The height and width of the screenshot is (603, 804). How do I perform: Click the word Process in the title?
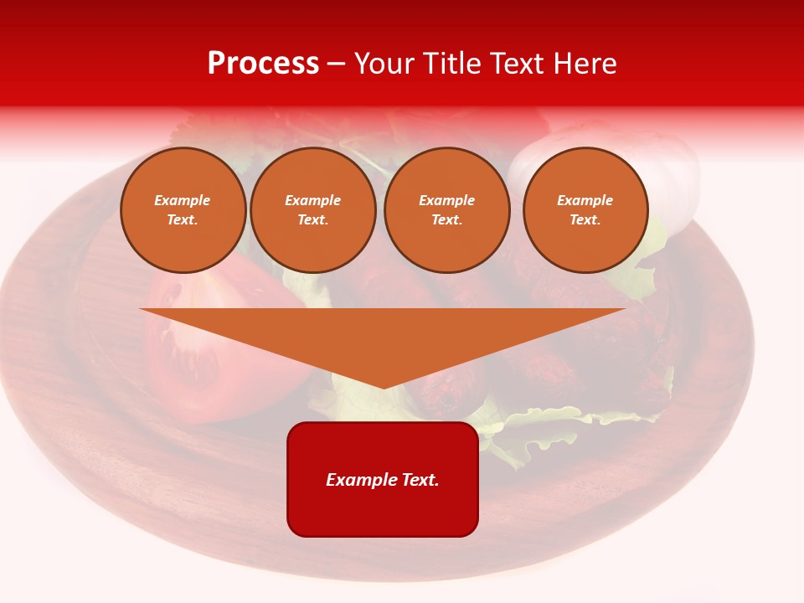pos(263,64)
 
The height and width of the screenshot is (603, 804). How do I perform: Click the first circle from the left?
pos(183,210)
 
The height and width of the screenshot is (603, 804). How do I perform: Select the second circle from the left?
pos(312,210)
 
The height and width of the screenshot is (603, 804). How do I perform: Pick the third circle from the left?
pos(446,210)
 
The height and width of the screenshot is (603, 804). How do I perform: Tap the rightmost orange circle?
pos(585,210)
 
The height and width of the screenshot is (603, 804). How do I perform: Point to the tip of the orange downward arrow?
pos(384,387)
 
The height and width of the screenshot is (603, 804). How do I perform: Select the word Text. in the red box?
pos(420,480)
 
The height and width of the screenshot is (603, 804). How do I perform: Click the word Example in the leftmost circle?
pos(183,201)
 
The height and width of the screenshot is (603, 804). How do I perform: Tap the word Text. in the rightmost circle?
pos(585,220)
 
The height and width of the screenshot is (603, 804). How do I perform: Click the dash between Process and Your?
pos(337,64)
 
